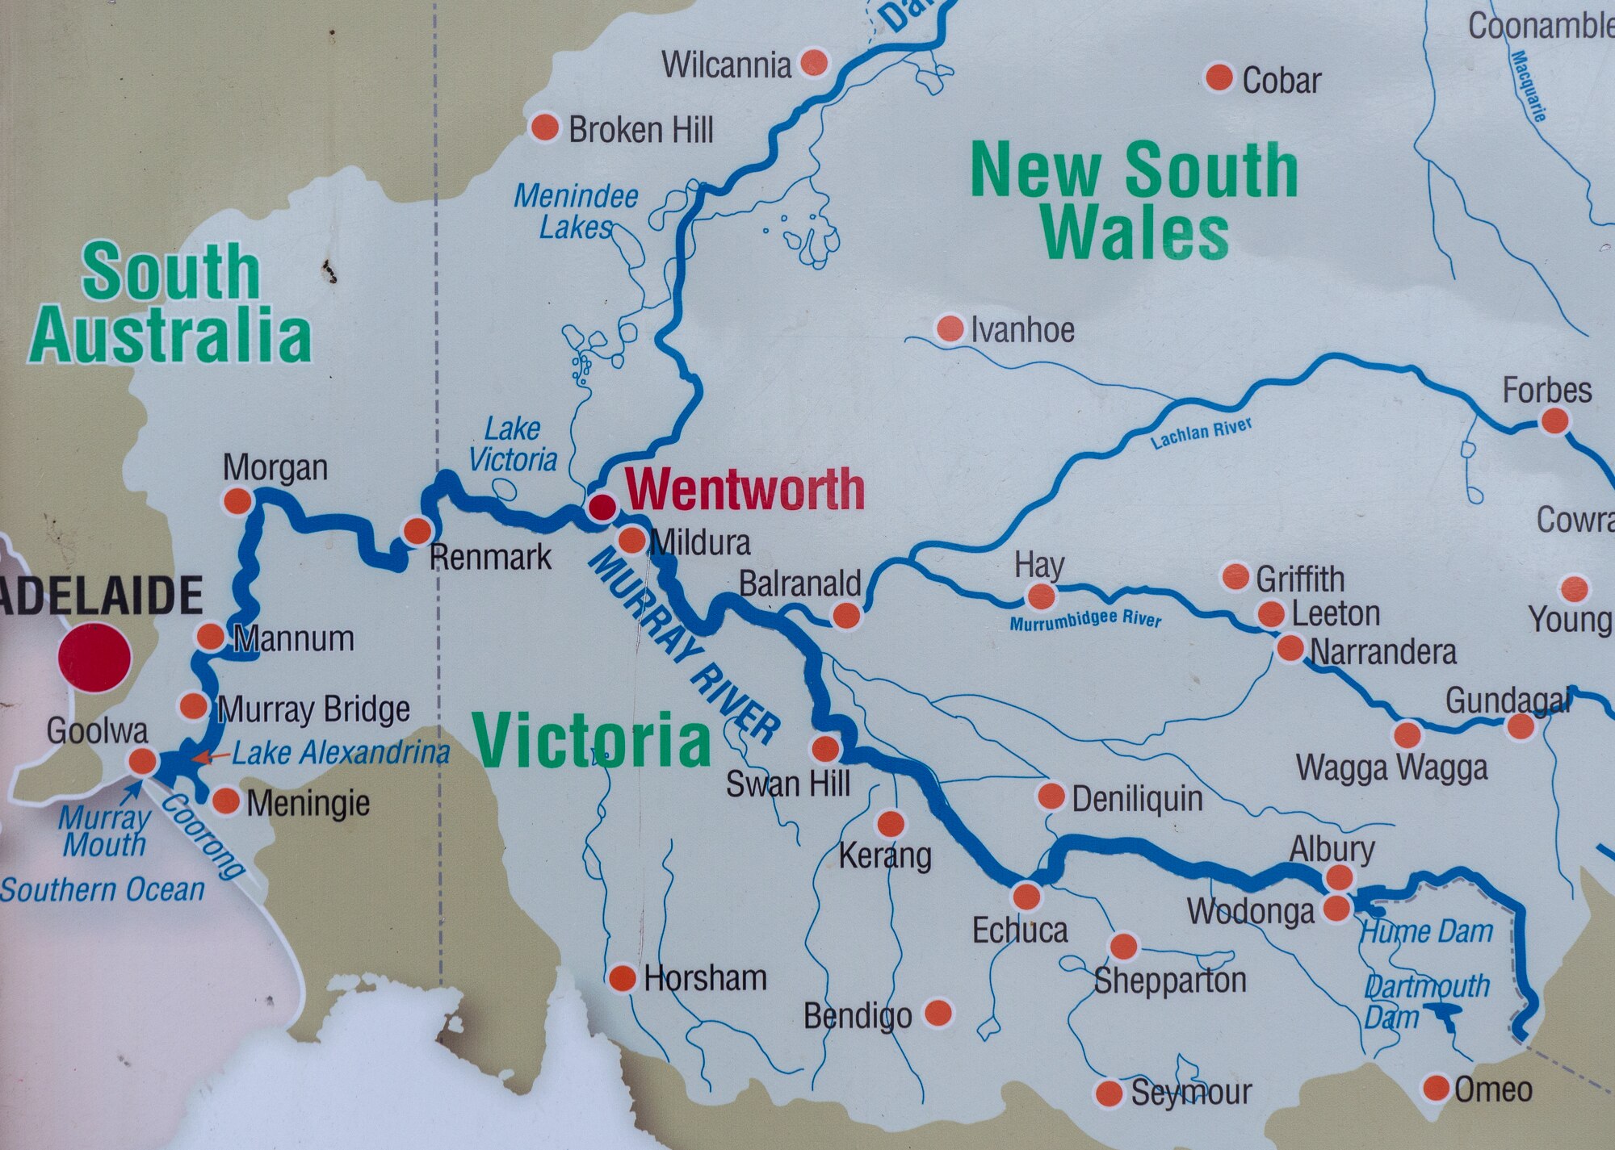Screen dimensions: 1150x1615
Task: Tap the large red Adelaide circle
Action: tap(94, 657)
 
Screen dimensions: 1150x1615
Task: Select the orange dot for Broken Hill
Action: tap(545, 127)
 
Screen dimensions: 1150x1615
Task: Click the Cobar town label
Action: tap(1281, 81)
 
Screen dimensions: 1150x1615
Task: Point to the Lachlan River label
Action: tap(1201, 433)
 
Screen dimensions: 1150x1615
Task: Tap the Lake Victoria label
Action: tap(514, 445)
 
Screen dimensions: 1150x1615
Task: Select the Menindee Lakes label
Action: tap(575, 211)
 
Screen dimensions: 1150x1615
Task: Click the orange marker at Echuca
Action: tap(1026, 896)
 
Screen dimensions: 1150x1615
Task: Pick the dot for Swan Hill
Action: tap(825, 749)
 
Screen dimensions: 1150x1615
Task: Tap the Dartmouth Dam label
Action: tap(1425, 1001)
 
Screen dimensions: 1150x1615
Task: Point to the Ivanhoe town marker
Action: tap(950, 328)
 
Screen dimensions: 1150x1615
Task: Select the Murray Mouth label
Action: tap(105, 831)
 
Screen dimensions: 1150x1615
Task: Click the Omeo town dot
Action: tap(1437, 1087)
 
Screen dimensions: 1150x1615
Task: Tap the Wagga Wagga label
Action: tap(1391, 767)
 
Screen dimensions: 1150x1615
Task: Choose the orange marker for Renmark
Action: tap(417, 530)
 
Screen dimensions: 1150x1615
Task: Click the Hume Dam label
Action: tap(1427, 932)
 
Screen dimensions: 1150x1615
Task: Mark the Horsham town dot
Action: tap(622, 978)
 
